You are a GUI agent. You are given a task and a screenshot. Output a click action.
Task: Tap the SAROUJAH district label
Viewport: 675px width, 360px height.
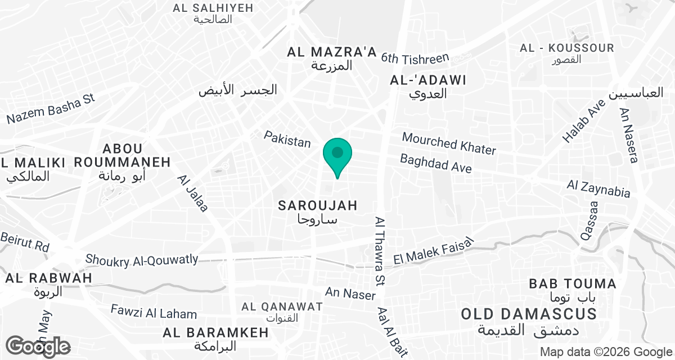(318, 206)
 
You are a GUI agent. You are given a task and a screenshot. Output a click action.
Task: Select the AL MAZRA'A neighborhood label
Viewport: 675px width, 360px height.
(331, 53)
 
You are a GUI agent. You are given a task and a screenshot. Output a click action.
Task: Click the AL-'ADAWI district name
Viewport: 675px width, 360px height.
(428, 80)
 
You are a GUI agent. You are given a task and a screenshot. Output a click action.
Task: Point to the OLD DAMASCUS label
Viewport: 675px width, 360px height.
(528, 314)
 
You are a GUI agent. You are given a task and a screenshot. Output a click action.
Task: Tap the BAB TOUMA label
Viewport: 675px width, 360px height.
(572, 283)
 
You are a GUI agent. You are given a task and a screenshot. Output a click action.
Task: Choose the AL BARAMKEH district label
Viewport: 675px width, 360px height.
(215, 332)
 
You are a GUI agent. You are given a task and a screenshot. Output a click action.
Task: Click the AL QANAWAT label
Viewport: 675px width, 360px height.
(282, 307)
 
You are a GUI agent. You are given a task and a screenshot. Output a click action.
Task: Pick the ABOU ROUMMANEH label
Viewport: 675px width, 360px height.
(122, 156)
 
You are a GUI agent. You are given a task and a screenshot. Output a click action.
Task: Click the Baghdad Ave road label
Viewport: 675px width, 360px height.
(435, 164)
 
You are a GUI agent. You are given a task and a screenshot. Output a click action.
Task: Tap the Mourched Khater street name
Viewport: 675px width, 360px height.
(449, 143)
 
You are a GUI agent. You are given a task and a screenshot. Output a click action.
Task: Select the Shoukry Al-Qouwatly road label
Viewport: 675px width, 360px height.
(142, 259)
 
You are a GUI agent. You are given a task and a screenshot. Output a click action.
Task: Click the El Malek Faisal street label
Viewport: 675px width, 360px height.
(433, 251)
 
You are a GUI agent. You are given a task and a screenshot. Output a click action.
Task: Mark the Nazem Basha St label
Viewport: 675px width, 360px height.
(50, 109)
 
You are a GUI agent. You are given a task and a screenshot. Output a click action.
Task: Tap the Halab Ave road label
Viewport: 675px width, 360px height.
(584, 121)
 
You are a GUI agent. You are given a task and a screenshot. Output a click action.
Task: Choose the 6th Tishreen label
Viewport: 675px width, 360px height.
(415, 57)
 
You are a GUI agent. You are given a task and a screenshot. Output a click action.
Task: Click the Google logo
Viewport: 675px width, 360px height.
(38, 346)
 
